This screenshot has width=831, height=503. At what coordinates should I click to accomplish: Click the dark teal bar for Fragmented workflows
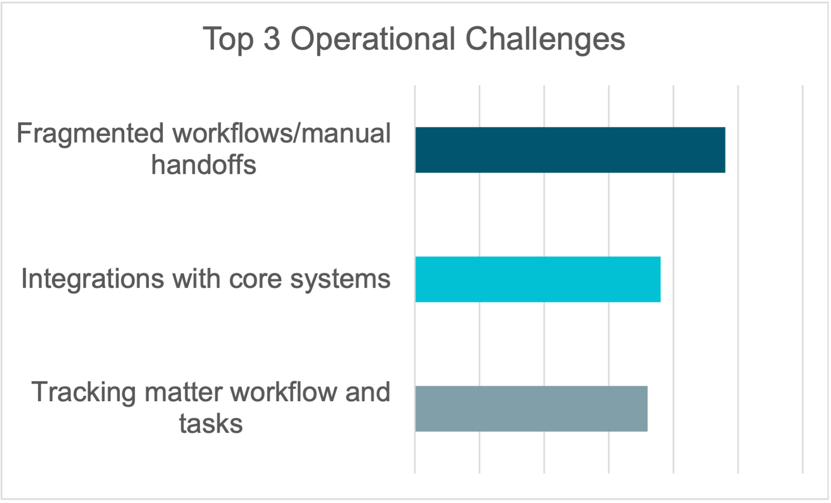pyautogui.click(x=570, y=150)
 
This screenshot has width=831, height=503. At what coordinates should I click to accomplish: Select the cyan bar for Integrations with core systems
pyautogui.click(x=537, y=279)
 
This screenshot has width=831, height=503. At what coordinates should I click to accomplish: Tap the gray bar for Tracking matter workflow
pyautogui.click(x=531, y=409)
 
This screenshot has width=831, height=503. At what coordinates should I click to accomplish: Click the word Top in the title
pyautogui.click(x=228, y=40)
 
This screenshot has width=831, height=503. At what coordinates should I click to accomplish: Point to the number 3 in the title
pyautogui.click(x=272, y=39)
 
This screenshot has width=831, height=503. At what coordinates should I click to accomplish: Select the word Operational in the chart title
pyautogui.click(x=373, y=40)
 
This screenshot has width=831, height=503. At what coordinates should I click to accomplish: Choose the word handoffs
pyautogui.click(x=204, y=165)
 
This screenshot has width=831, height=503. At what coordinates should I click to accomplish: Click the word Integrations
pyautogui.click(x=93, y=279)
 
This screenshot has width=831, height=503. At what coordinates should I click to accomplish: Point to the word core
pyautogui.click(x=255, y=279)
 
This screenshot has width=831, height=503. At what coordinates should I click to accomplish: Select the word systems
pyautogui.click(x=340, y=279)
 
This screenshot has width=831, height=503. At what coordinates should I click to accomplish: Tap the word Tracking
pyautogui.click(x=84, y=393)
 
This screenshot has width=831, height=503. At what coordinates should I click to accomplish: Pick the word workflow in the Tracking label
pyautogui.click(x=284, y=392)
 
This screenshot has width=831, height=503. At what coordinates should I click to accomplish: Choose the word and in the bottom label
pyautogui.click(x=367, y=392)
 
